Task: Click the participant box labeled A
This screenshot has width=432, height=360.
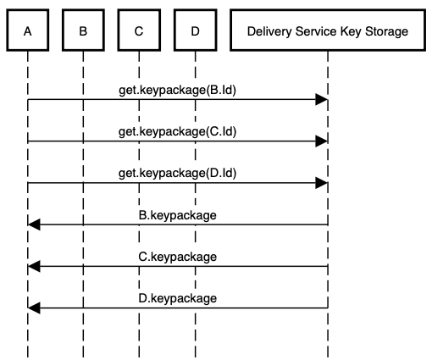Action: pos(28,32)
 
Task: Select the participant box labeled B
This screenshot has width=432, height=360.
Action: pos(83,32)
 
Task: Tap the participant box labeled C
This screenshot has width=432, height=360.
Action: pos(139,32)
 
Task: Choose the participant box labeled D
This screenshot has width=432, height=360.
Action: pos(195,32)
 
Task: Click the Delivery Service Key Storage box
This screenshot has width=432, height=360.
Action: pos(327,32)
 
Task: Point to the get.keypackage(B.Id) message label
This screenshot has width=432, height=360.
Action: pos(177,89)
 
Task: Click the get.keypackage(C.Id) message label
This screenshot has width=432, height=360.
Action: pos(177,131)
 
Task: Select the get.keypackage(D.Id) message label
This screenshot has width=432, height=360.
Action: pos(177,173)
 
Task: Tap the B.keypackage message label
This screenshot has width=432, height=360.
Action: pos(177,214)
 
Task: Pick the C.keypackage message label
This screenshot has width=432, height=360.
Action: pos(177,256)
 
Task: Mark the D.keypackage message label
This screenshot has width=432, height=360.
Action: pos(177,297)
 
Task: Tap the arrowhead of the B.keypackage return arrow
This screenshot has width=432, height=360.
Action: pos(34,224)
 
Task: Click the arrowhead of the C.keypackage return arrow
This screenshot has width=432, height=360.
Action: pos(34,266)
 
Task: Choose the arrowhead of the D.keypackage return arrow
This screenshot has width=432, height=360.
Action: pos(34,307)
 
